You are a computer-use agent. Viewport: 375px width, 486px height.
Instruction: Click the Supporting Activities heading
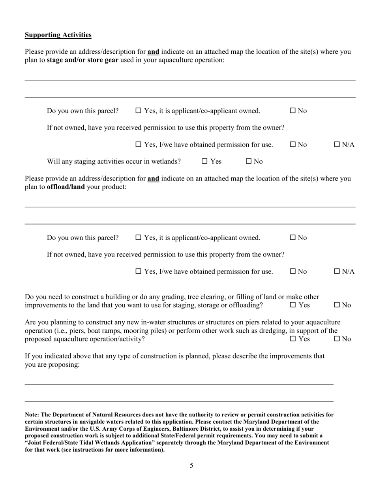click(58, 35)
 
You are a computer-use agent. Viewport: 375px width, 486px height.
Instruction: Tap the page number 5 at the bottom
click(191, 465)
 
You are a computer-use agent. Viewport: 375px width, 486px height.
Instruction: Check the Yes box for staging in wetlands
click(205, 161)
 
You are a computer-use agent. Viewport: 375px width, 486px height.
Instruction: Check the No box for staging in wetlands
click(249, 161)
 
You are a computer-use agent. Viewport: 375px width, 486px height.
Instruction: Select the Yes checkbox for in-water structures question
click(293, 339)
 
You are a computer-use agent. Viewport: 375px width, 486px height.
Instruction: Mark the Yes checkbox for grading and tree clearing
click(293, 305)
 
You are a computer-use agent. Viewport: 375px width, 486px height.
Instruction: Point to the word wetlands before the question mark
click(166, 161)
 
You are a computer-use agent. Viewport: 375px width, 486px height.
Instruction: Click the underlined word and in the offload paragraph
click(153, 179)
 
